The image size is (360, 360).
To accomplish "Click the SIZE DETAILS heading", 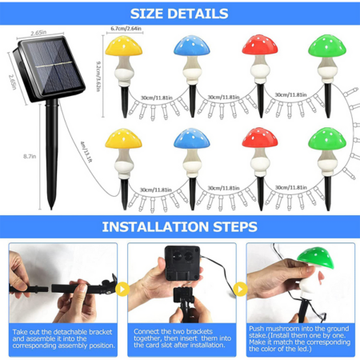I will pos(179,14).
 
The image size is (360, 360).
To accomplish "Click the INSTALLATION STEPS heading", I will pos(179,226).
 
